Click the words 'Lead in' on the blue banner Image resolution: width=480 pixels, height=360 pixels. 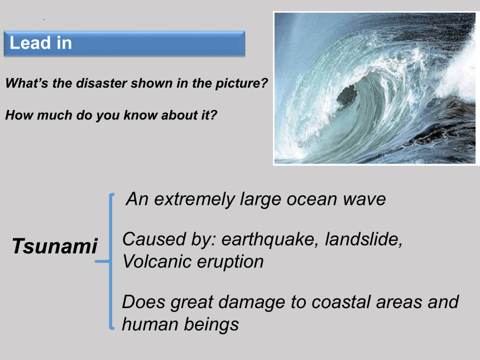point(41,42)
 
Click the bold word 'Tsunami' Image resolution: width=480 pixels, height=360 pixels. point(55,246)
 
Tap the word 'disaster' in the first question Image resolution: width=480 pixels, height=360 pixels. point(102,83)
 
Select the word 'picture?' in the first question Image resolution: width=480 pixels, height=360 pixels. point(242,84)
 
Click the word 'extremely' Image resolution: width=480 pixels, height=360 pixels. point(194,200)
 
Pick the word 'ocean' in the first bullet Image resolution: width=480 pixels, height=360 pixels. point(312,199)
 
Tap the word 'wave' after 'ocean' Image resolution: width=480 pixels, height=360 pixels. point(364,199)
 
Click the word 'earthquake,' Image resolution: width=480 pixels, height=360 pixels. point(270,239)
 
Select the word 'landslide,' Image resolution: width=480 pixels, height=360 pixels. point(363,239)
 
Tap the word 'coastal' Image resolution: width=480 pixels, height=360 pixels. point(341,302)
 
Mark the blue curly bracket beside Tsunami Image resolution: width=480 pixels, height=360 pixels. point(111,261)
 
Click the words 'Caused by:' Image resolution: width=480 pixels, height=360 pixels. point(169,239)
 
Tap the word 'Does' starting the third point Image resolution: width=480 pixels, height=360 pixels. point(144,302)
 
